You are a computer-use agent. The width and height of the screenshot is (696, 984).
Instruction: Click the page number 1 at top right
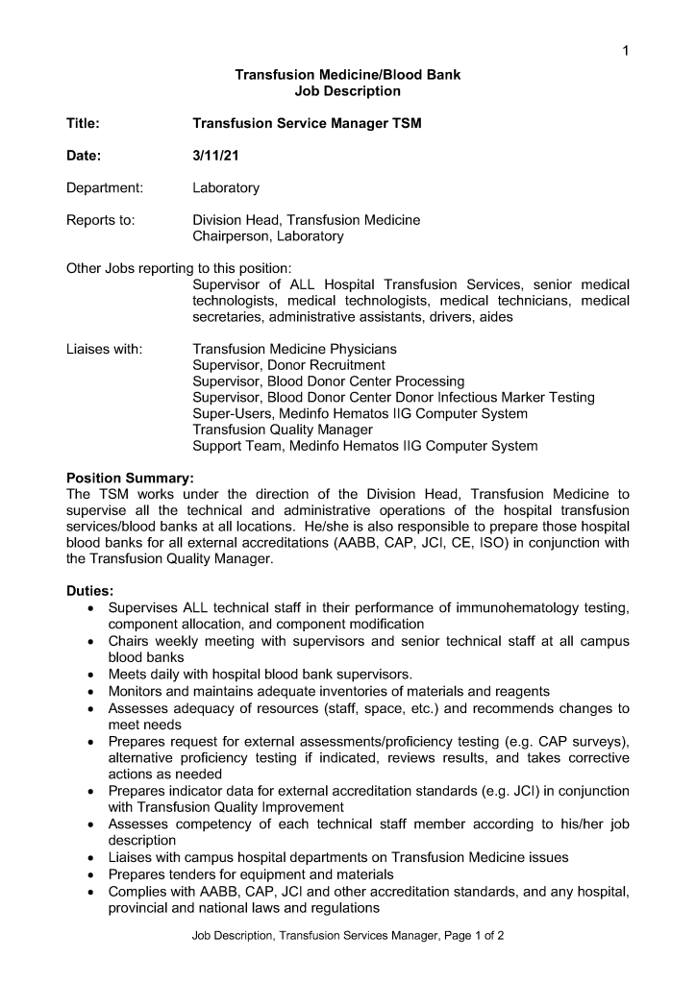(x=626, y=51)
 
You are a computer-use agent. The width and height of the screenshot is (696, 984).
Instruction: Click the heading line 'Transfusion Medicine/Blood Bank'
(x=347, y=75)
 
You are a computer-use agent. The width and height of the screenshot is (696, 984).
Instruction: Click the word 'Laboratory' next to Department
(x=226, y=188)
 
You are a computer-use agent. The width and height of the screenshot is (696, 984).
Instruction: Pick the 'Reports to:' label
(x=100, y=220)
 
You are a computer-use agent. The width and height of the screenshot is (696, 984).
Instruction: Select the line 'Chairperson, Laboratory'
(x=267, y=236)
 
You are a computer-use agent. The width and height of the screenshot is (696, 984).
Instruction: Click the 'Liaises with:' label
(x=104, y=349)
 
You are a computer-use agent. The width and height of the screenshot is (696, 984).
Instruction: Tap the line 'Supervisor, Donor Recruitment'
(x=288, y=365)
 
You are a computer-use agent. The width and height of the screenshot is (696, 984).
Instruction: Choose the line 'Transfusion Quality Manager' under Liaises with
(x=283, y=430)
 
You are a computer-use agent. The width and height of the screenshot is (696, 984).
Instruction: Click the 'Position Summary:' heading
(x=130, y=478)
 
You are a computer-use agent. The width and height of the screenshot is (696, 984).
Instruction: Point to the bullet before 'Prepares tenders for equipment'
(x=90, y=874)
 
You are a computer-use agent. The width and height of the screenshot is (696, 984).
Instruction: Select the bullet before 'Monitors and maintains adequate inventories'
(x=90, y=691)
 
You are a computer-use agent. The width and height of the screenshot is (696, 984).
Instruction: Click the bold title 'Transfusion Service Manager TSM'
(x=307, y=124)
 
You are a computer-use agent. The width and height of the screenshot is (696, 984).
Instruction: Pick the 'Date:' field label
(x=84, y=156)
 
